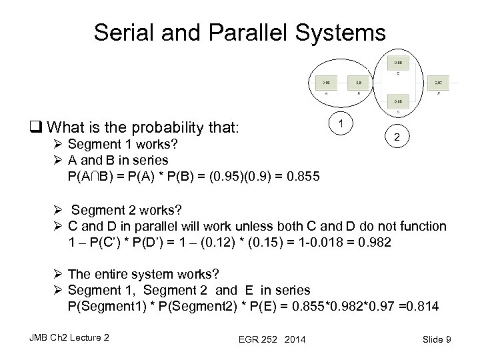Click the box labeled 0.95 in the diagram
(x=327, y=83)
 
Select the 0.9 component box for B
(x=359, y=83)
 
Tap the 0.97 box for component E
(x=437, y=83)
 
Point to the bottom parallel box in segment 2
(x=397, y=102)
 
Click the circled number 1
(x=341, y=124)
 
